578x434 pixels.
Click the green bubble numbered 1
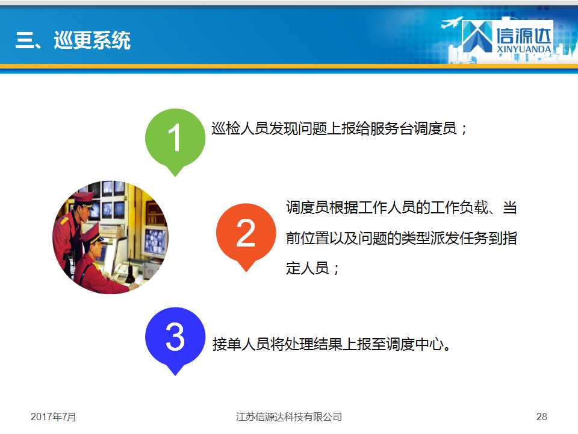point(175,139)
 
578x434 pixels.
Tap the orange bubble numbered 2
point(246,234)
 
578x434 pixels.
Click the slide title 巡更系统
point(92,40)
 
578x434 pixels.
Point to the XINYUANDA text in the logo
point(524,49)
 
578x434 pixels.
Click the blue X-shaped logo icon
point(477,36)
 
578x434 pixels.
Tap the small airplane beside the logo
point(451,22)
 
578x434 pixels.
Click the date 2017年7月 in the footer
point(53,417)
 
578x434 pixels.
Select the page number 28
point(541,417)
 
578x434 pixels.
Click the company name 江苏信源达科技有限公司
point(289,417)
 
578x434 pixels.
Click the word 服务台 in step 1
point(392,128)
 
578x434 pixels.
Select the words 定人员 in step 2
point(308,268)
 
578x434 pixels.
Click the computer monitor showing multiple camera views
point(155,241)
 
